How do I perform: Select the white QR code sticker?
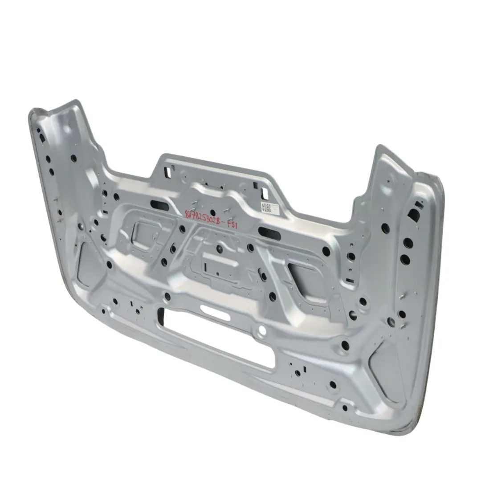266,207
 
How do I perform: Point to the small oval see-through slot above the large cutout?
215,311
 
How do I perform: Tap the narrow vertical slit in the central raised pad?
206,267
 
